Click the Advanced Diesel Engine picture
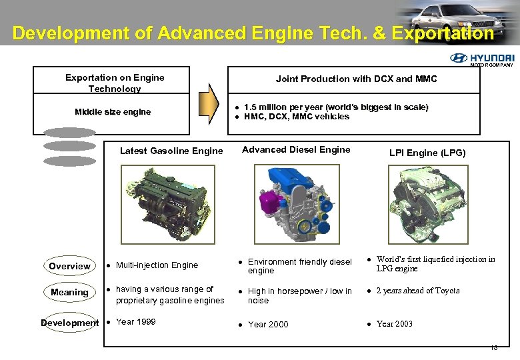click(x=295, y=203)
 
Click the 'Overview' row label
click(x=69, y=266)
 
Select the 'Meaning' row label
click(x=69, y=292)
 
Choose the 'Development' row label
click(x=69, y=323)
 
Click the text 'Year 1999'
click(x=135, y=321)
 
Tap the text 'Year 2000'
click(x=268, y=325)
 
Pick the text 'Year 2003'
click(x=394, y=324)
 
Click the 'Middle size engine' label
click(x=113, y=112)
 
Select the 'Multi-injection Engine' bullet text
click(x=157, y=265)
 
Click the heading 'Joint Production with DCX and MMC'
click(x=356, y=79)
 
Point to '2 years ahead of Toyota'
click(x=417, y=291)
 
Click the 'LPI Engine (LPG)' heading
click(x=427, y=153)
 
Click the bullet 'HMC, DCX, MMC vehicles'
click(x=296, y=117)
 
